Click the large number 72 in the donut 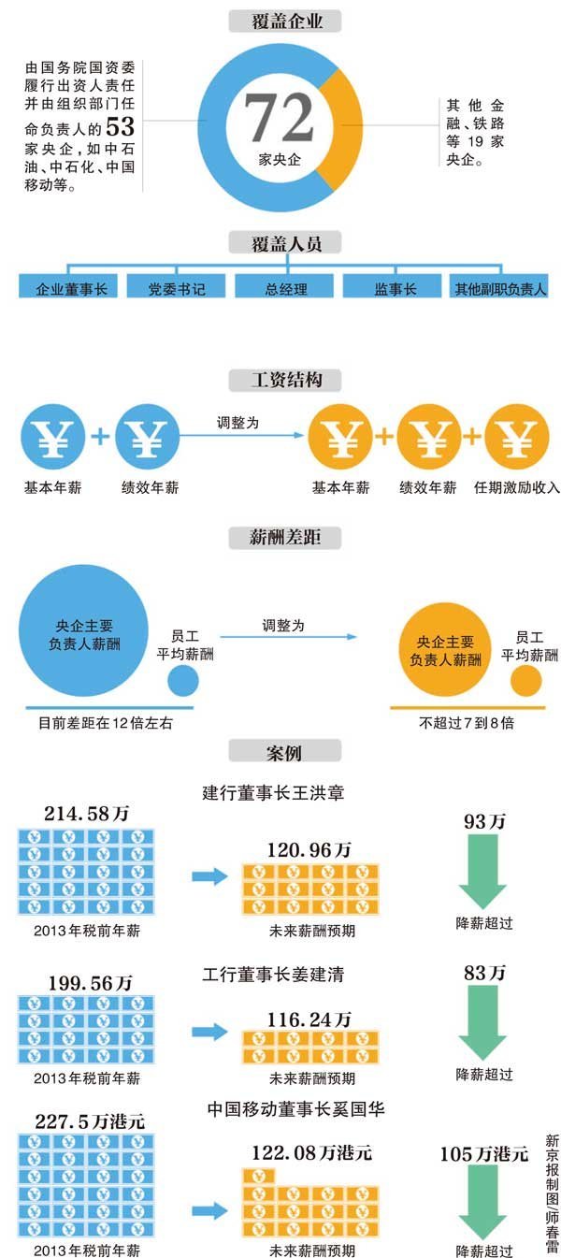click(279, 117)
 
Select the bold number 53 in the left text click(121, 126)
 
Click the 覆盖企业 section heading click(285, 22)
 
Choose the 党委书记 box click(177, 288)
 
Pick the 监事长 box click(395, 288)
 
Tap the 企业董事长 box click(68, 288)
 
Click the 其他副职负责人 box click(499, 288)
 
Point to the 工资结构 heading click(285, 381)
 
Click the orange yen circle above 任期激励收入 click(517, 437)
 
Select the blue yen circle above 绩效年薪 click(147, 437)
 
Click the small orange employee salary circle click(526, 681)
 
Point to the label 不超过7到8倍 click(467, 723)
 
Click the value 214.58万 click(86, 814)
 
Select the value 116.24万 click(309, 1019)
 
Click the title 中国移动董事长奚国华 click(296, 1109)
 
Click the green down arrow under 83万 click(482, 1022)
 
